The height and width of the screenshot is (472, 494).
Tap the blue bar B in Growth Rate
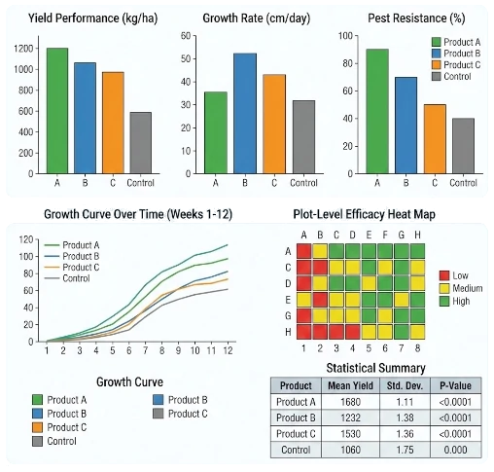click(x=244, y=113)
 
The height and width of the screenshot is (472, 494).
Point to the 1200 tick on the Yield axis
click(x=20, y=49)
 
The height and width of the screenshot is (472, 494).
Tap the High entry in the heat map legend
click(x=460, y=302)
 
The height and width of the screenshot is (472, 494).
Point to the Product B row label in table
click(x=295, y=418)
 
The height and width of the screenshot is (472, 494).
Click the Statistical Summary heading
click(x=374, y=368)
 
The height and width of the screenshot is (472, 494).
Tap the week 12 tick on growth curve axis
click(x=227, y=350)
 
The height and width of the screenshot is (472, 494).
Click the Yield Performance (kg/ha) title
click(x=83, y=18)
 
